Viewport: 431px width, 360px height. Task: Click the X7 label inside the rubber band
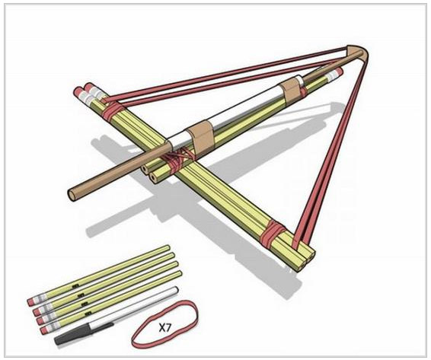(165, 327)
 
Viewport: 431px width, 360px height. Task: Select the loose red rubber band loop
(164, 324)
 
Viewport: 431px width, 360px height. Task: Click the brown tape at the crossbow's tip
(357, 54)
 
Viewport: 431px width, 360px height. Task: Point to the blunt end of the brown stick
(73, 196)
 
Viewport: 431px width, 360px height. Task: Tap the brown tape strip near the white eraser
(292, 88)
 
